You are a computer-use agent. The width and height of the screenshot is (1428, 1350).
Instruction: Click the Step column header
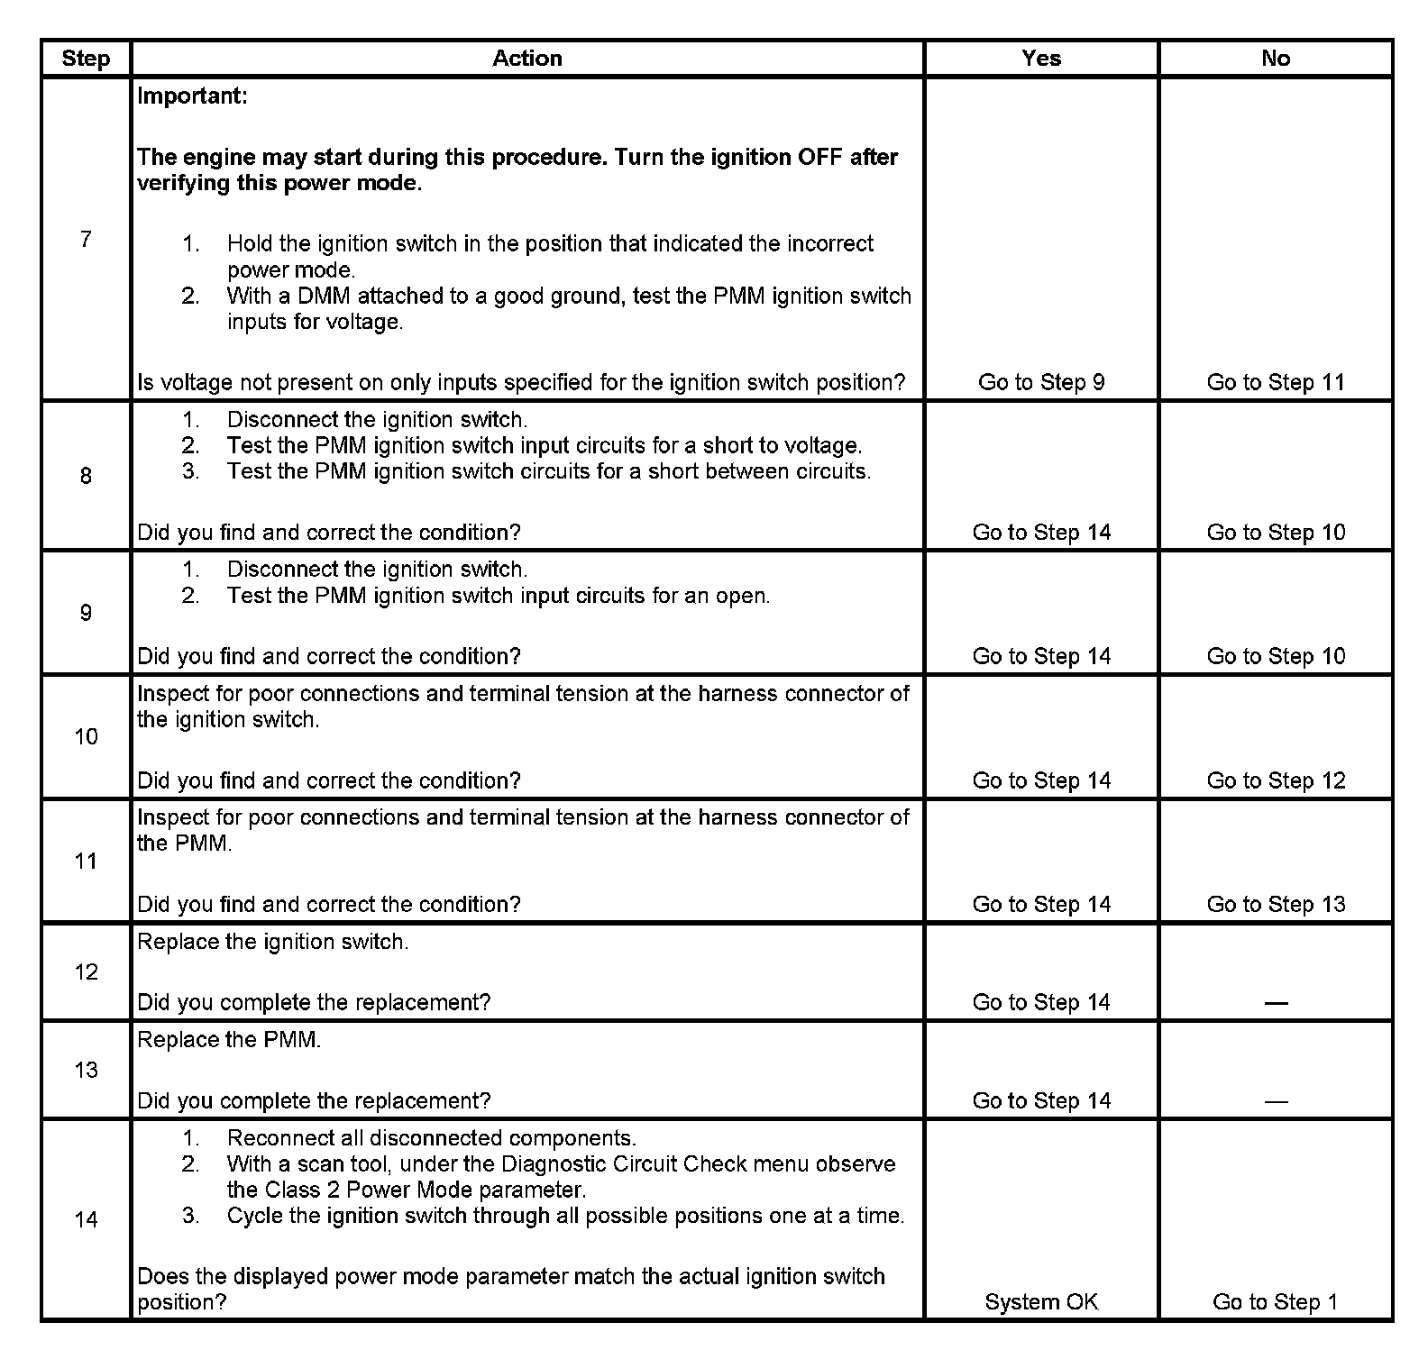86,59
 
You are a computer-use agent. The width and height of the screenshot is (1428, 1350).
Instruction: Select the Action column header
527,59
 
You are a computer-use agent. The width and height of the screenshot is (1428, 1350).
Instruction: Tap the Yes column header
1041,59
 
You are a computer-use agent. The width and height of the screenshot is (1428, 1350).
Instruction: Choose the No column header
1276,59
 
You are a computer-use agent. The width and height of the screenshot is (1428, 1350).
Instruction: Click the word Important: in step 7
192,96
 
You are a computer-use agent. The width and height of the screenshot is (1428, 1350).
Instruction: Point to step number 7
86,239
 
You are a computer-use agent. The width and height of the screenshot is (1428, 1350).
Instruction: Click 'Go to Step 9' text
1041,382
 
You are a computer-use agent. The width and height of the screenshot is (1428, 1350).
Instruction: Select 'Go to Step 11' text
1276,382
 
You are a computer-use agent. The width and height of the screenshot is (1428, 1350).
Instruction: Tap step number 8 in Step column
86,476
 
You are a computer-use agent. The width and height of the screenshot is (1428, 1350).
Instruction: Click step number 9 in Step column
86,613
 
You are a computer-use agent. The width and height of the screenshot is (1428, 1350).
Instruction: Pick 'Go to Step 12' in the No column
1276,780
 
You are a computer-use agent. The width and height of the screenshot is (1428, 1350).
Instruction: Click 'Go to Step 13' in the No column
1276,904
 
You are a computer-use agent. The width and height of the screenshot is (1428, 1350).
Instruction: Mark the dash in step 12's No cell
1276,1003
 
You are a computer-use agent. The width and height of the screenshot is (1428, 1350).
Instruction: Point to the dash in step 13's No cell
1276,1101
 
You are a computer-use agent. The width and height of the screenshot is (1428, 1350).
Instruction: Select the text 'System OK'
1041,1301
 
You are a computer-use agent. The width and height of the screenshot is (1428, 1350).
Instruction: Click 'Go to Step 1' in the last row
1276,1301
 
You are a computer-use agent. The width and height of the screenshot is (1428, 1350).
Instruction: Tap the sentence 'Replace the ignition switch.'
272,942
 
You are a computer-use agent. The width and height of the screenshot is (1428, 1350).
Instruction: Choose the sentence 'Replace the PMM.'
229,1040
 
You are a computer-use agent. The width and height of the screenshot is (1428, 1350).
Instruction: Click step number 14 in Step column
86,1219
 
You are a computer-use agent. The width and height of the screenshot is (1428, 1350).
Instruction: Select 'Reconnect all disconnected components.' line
431,1138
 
